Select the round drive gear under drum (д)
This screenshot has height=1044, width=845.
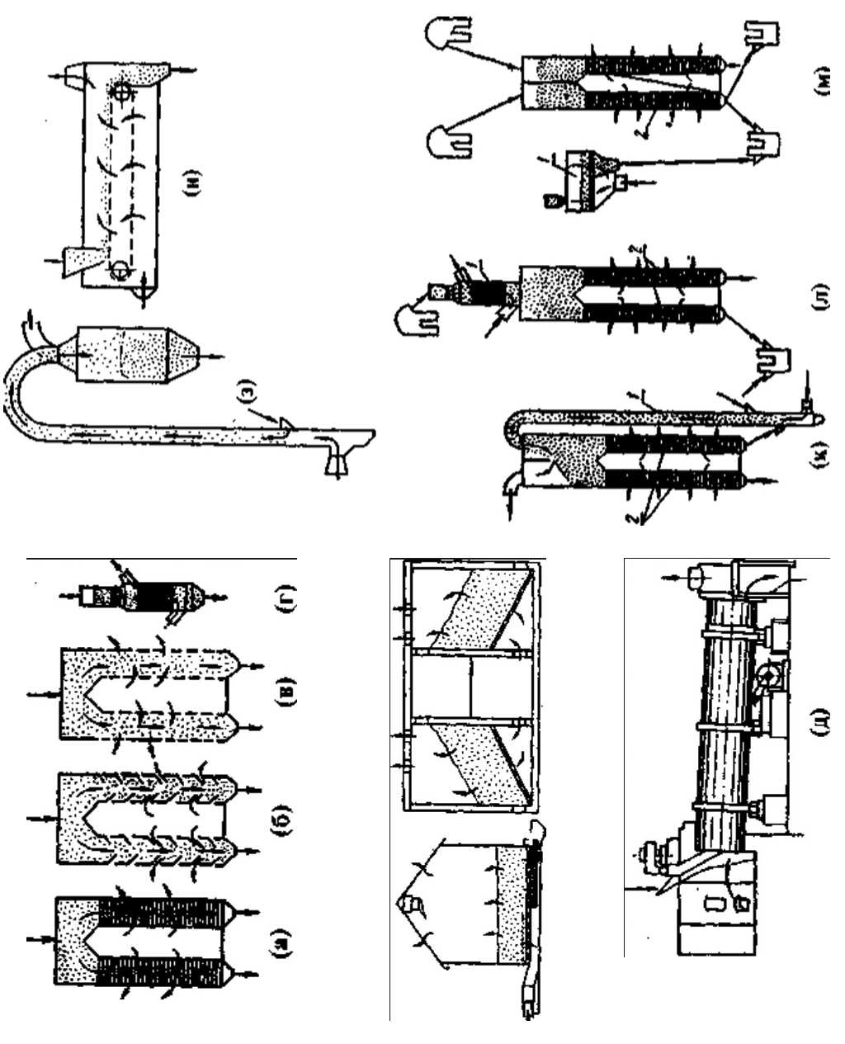pyautogui.click(x=768, y=677)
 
